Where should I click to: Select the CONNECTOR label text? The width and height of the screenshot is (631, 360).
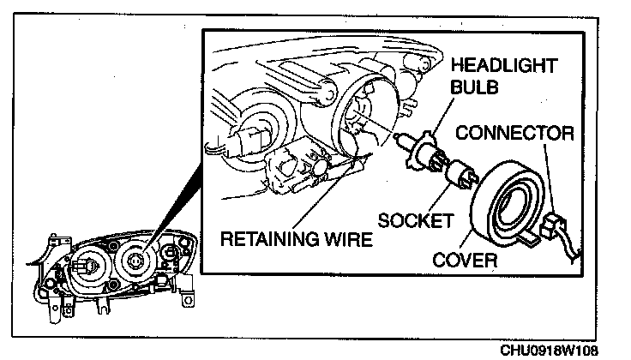pyautogui.click(x=514, y=133)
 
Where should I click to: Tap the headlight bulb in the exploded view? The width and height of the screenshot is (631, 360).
pyautogui.click(x=419, y=154)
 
